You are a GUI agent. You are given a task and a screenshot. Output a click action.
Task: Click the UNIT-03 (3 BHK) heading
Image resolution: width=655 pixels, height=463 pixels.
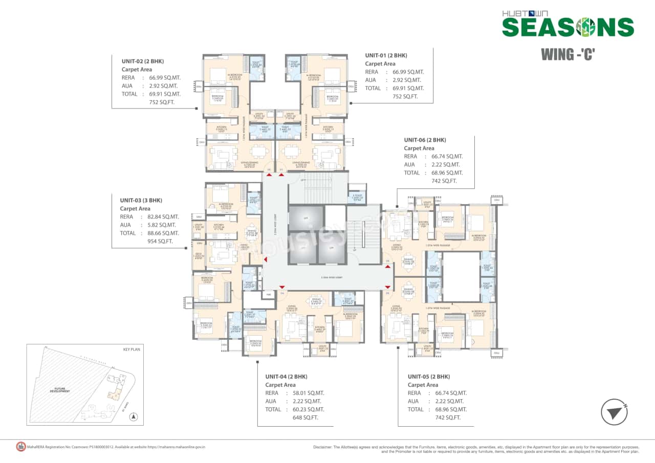point(141,201)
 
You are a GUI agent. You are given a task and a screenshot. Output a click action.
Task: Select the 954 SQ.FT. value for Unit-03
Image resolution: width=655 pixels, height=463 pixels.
point(160,241)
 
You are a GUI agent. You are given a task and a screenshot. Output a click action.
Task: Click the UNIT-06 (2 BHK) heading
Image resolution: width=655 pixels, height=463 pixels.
point(425,140)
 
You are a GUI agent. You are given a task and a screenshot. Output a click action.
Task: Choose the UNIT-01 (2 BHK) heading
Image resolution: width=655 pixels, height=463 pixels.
point(386,55)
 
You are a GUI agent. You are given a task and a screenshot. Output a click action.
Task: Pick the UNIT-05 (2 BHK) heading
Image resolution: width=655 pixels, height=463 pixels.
point(428,377)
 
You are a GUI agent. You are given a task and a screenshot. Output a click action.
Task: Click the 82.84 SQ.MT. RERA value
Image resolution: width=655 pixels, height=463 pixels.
point(160,217)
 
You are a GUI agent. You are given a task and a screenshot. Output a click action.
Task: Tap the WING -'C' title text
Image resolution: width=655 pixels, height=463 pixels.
point(568,54)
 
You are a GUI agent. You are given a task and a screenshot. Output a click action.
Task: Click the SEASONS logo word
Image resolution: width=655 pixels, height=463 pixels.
point(568,27)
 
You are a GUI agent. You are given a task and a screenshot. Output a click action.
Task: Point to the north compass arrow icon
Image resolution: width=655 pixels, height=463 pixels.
point(614,412)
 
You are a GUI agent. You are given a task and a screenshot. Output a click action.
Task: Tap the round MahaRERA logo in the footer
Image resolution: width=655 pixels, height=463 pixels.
point(20,446)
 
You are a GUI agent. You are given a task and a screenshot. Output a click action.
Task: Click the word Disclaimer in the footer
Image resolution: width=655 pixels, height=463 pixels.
point(324,447)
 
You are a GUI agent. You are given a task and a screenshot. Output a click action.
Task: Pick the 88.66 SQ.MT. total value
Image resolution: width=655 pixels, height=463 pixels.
point(160,233)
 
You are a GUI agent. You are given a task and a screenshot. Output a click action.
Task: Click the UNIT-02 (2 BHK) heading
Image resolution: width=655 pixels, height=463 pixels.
point(142,61)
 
